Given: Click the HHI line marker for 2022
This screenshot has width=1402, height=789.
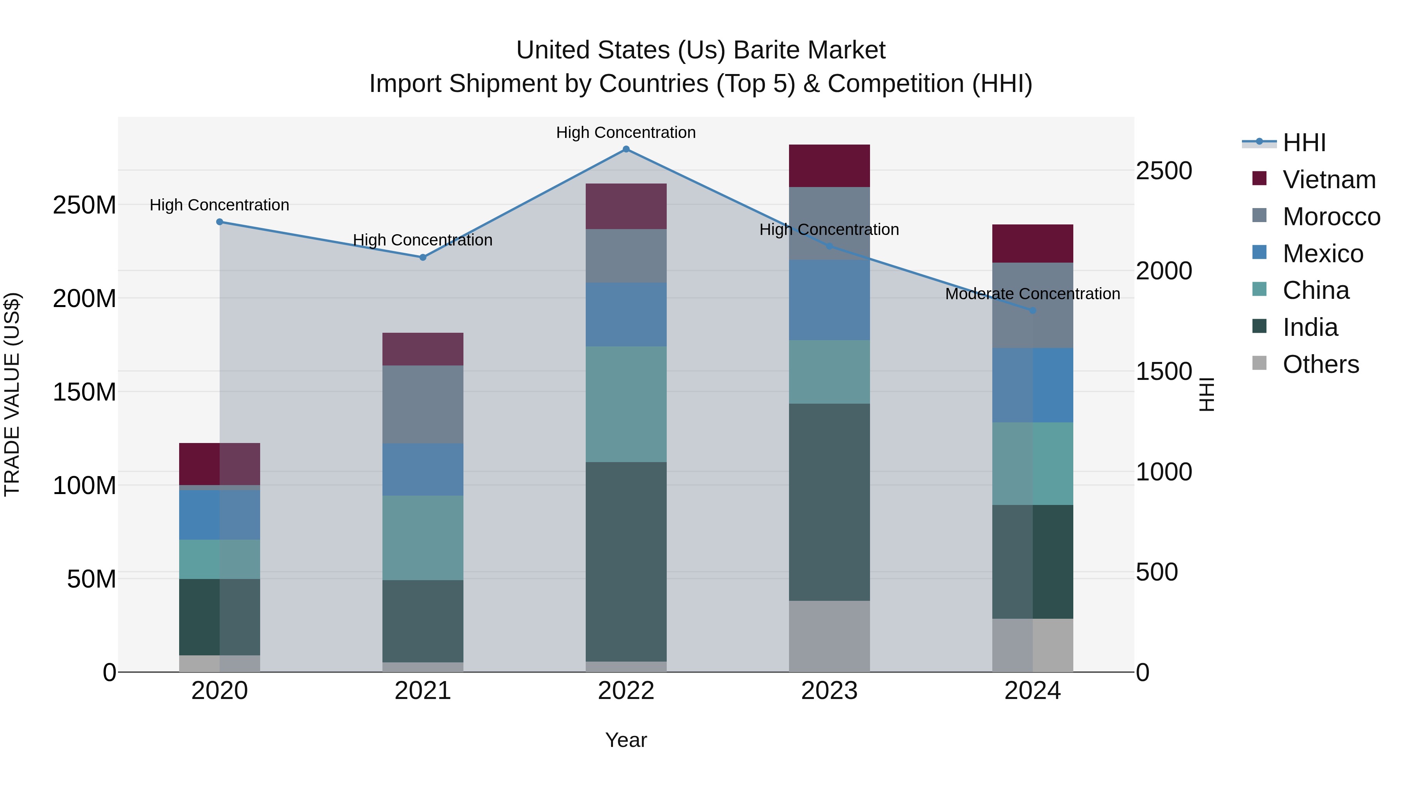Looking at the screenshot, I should coord(626,149).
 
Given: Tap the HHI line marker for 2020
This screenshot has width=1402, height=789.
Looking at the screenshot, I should coord(220,222).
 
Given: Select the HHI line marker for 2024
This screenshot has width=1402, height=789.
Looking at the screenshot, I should coord(1032,311).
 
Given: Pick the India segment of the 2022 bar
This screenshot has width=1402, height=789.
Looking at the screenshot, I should coord(626,561).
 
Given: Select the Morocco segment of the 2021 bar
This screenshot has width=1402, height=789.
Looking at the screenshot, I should coord(423,404).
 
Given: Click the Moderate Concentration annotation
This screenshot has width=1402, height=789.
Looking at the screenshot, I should coord(1032,294).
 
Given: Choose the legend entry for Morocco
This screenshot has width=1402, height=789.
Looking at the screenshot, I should coord(1331,217).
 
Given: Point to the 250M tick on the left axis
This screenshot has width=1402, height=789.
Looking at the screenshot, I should coord(85,205).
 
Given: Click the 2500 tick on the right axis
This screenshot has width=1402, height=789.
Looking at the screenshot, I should coord(1164,171).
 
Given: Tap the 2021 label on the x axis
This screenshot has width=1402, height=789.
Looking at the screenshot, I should coord(423,691).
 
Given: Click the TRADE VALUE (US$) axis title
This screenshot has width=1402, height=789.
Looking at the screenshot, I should coord(12,394).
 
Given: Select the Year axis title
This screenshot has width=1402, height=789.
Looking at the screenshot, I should coord(626,740).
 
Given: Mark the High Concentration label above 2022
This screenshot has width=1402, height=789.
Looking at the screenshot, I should coord(626,132).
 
